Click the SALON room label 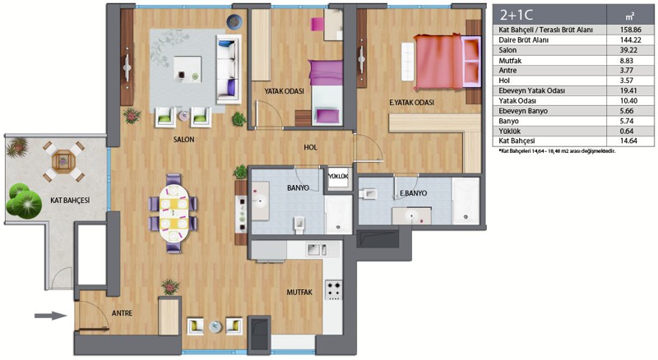(183, 139)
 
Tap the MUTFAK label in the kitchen (299, 292)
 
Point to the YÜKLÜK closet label (338, 177)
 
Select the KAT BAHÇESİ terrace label (70, 201)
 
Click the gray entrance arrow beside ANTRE (50, 316)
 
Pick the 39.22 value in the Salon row (629, 50)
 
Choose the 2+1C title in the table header (517, 15)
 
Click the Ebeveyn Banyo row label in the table (520, 111)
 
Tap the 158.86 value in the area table (630, 30)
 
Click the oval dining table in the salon (173, 213)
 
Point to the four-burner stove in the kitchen (334, 290)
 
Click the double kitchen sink (317, 250)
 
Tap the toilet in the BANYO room (299, 224)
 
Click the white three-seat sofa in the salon (229, 70)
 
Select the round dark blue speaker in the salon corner (234, 21)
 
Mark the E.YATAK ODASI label (412, 103)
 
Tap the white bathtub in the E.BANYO (466, 201)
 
